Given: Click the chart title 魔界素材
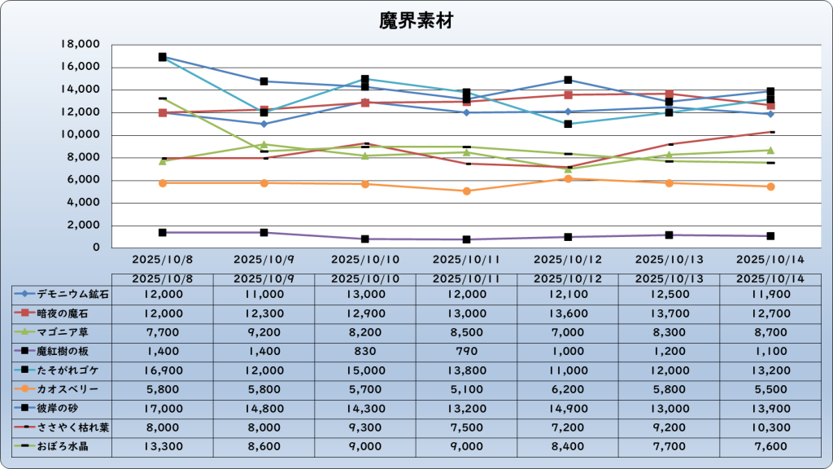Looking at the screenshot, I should tap(416, 21).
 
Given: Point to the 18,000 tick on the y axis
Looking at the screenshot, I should tap(81, 44).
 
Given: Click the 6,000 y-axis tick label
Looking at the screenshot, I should tap(84, 180).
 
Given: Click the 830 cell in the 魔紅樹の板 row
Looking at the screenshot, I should tap(364, 351).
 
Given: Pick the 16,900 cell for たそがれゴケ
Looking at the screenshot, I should tap(162, 370).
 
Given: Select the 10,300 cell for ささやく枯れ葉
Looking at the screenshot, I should tap(770, 427).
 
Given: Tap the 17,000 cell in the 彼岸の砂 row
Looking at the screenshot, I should tap(162, 409).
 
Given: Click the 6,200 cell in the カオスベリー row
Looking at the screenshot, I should tap(567, 389).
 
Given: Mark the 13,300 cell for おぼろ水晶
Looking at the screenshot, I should tap(162, 447).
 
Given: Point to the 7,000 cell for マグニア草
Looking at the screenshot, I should tap(567, 331).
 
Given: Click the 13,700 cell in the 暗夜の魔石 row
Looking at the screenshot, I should tap(669, 313).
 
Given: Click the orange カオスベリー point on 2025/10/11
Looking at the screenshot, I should tap(466, 191).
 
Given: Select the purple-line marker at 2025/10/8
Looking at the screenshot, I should tap(163, 233).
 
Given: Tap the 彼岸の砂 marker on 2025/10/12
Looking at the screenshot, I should tap(568, 80).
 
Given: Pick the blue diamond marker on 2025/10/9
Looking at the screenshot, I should tap(264, 124).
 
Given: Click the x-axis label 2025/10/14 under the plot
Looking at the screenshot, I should tap(770, 260).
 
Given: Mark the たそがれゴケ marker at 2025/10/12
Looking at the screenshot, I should tap(568, 124).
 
